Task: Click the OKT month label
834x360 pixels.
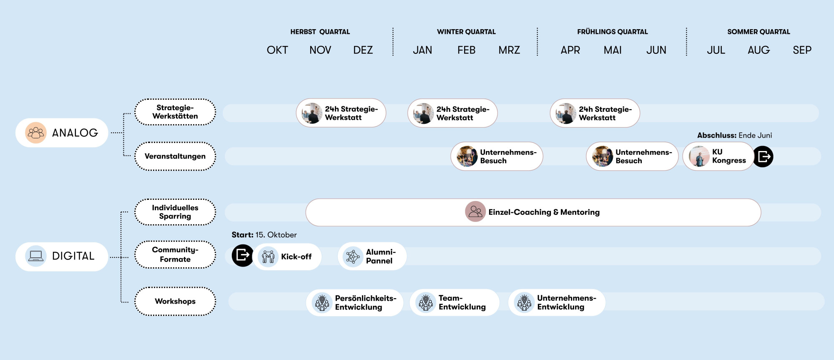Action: tap(277, 50)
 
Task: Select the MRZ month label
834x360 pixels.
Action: tap(509, 50)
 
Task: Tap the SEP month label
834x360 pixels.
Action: tap(802, 50)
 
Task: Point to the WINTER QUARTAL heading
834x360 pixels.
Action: tap(466, 32)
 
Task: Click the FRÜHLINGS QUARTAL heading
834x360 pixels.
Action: tap(612, 32)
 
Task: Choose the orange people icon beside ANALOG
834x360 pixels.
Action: tap(36, 133)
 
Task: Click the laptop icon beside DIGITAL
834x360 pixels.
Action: tap(36, 256)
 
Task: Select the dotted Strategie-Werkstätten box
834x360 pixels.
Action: tap(175, 112)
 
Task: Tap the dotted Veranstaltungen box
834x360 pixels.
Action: tap(175, 156)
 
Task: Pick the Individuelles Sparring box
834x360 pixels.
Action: tap(175, 212)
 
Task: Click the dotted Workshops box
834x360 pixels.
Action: tap(175, 301)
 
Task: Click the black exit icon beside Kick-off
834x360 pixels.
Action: tap(242, 255)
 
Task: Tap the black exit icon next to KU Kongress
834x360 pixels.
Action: tap(763, 156)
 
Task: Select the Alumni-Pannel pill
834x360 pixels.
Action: tap(372, 256)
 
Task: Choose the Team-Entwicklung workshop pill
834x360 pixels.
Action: tap(455, 302)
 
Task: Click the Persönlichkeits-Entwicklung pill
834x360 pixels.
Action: tap(355, 302)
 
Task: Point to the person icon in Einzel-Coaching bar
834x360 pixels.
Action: tap(475, 211)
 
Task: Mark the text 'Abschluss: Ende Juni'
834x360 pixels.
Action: tap(734, 135)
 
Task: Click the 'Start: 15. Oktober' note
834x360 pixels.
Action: tap(264, 235)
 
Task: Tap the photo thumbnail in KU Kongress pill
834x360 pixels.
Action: tap(699, 156)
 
